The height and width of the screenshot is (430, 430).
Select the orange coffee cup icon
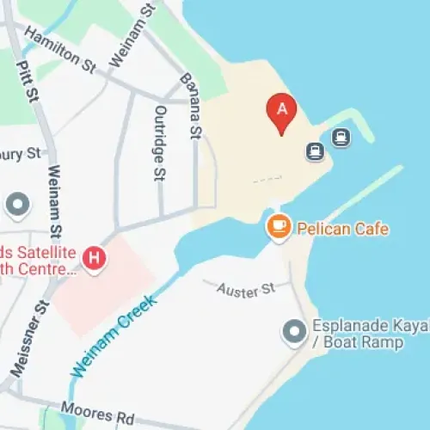pyautogui.click(x=277, y=227)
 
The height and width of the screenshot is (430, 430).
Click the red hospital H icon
pyautogui.click(x=93, y=256)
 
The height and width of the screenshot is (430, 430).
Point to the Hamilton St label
pyautogui.click(x=60, y=47)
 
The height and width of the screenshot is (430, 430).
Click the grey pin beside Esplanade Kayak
pyautogui.click(x=294, y=330)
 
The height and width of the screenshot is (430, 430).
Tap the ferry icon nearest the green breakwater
pyautogui.click(x=341, y=137)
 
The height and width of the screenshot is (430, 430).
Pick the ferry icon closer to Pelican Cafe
pyautogui.click(x=315, y=151)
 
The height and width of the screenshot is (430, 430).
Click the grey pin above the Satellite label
pyautogui.click(x=17, y=205)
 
